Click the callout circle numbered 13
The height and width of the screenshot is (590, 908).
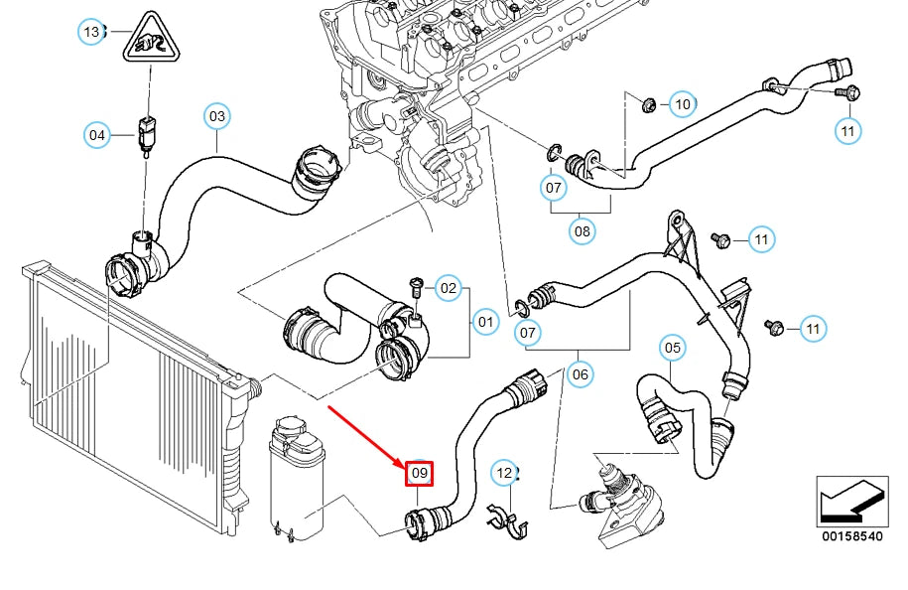pyautogui.click(x=91, y=33)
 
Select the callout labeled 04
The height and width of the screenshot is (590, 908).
pyautogui.click(x=96, y=135)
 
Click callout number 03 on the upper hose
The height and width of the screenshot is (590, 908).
pyautogui.click(x=217, y=117)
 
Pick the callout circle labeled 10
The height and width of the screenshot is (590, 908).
pyautogui.click(x=682, y=103)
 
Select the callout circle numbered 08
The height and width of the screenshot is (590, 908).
pyautogui.click(x=582, y=231)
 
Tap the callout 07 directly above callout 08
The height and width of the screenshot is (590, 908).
pyautogui.click(x=554, y=187)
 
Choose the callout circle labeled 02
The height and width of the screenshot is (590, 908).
pyautogui.click(x=449, y=289)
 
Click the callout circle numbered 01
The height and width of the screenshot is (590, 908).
pyautogui.click(x=485, y=322)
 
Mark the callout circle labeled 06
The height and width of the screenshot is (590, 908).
pyautogui.click(x=581, y=373)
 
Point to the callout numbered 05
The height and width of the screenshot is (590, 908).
pyautogui.click(x=673, y=348)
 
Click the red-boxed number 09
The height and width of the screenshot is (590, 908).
pyautogui.click(x=419, y=474)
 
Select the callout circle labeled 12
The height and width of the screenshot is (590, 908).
pyautogui.click(x=505, y=473)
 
